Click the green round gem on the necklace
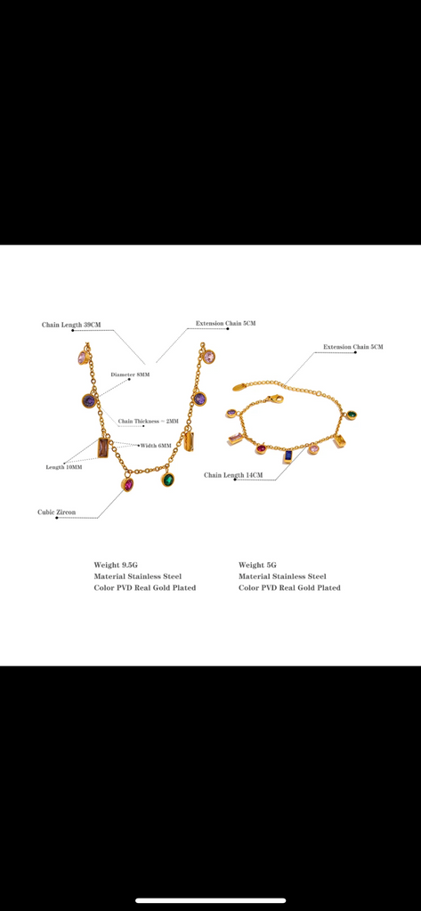pyautogui.click(x=168, y=480)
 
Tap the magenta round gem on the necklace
pyautogui.click(x=127, y=485)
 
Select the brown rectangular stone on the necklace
pyautogui.click(x=103, y=448)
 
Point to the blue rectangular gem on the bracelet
pyautogui.click(x=287, y=456)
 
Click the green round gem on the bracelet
pyautogui.click(x=352, y=415)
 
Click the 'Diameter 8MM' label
pyautogui.click(x=130, y=375)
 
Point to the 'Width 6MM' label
pyautogui.click(x=156, y=446)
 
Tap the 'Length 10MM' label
pyautogui.click(x=64, y=467)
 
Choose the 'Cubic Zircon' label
pyautogui.click(x=56, y=512)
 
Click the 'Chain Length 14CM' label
pyautogui.click(x=233, y=475)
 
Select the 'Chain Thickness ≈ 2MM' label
pyautogui.click(x=149, y=421)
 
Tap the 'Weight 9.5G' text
pyautogui.click(x=116, y=565)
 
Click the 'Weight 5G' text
pyautogui.click(x=257, y=565)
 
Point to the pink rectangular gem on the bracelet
pyautogui.click(x=236, y=438)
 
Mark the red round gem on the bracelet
pyautogui.click(x=261, y=448)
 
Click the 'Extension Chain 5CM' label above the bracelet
pyautogui.click(x=353, y=347)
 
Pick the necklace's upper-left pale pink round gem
pyautogui.click(x=83, y=358)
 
